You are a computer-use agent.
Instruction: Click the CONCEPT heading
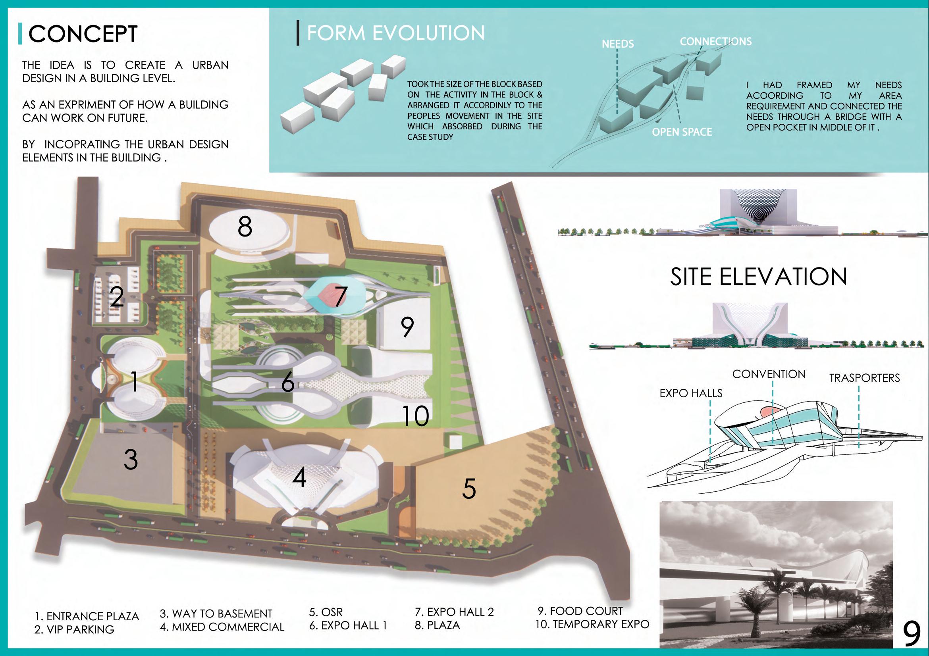point(83,34)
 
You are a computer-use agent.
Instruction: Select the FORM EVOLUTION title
point(395,33)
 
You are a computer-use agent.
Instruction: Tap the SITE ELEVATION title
point(758,277)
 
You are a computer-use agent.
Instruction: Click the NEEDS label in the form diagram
point(617,44)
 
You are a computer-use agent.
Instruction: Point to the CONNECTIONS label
point(715,42)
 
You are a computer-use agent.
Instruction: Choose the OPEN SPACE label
point(682,132)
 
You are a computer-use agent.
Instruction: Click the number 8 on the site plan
point(245,227)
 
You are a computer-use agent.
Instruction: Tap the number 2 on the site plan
point(117,297)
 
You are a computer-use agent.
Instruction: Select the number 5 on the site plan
point(469,489)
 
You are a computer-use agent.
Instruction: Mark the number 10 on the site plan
point(415,416)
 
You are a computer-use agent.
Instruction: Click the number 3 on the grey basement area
point(131,460)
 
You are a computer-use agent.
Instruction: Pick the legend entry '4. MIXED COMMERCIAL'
point(222,627)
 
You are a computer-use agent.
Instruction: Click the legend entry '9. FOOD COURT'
point(580,611)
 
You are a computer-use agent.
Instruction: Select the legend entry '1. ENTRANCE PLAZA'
point(87,616)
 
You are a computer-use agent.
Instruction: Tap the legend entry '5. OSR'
point(326,612)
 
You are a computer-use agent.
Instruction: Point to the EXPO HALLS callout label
point(691,393)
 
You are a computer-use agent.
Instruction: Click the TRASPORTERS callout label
point(864,378)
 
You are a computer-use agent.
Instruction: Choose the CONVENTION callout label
point(769,374)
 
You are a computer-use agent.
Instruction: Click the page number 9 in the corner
point(912,635)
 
